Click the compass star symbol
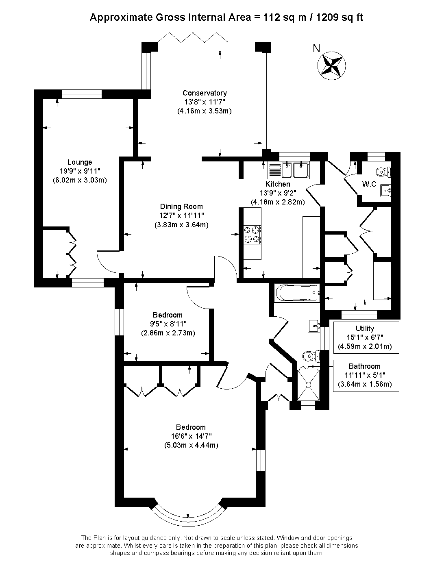click(331, 66)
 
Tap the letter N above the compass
click(316, 48)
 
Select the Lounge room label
click(80, 162)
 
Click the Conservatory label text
click(205, 93)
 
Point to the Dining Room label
click(181, 207)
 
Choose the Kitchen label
click(278, 184)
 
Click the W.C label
click(369, 184)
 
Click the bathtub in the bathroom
click(297, 293)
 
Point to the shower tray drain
click(309, 385)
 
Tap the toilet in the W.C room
click(383, 172)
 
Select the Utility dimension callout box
click(366, 337)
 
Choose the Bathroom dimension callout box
click(366, 376)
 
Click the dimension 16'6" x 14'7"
click(191, 436)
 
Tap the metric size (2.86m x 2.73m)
click(168, 333)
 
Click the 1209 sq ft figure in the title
click(340, 17)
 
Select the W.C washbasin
click(386, 191)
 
